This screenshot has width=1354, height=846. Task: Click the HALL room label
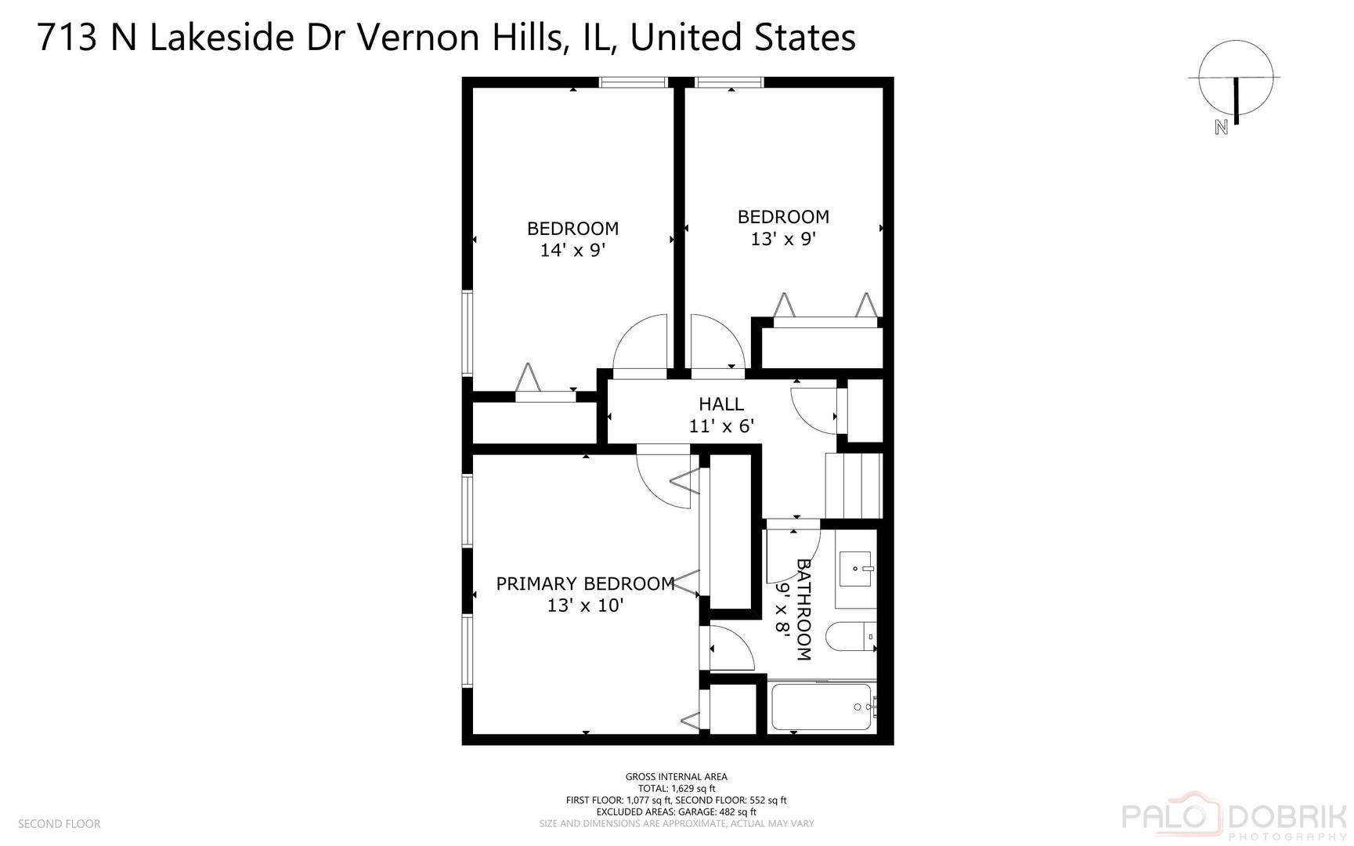coord(720,404)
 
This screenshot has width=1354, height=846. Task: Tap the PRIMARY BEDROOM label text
coord(585,584)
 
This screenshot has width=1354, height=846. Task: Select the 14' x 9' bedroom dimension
coord(572,251)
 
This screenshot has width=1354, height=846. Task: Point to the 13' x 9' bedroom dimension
coord(783,239)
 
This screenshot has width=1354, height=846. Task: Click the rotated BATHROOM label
coord(803,609)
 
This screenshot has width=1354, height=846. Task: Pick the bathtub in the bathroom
coord(821,707)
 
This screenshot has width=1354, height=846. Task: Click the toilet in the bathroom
coord(850,637)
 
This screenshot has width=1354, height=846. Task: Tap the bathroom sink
coord(855,569)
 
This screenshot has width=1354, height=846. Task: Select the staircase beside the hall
coord(853,486)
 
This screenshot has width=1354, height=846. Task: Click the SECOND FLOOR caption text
coord(60,824)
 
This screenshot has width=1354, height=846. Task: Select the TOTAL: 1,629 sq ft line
coord(677,789)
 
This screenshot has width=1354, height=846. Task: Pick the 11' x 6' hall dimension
coord(720,426)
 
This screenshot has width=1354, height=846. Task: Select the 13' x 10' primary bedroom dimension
coord(585,606)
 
